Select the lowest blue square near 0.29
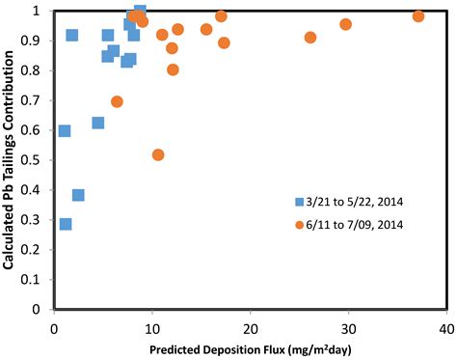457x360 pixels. click(x=66, y=224)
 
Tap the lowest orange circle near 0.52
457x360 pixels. click(x=158, y=154)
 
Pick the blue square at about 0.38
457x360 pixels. click(x=78, y=195)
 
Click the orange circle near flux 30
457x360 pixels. click(x=346, y=24)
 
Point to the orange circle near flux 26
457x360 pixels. click(x=310, y=38)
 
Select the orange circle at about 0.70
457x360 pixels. click(x=118, y=101)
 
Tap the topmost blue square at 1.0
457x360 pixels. click(x=140, y=11)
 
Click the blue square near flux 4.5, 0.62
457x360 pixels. click(x=98, y=123)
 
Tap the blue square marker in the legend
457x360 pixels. click(x=301, y=202)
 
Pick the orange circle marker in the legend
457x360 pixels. click(x=301, y=225)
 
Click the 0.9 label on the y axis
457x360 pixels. click(x=38, y=41)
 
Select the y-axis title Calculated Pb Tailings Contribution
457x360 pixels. click(x=10, y=159)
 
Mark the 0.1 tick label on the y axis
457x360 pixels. click(x=38, y=280)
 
